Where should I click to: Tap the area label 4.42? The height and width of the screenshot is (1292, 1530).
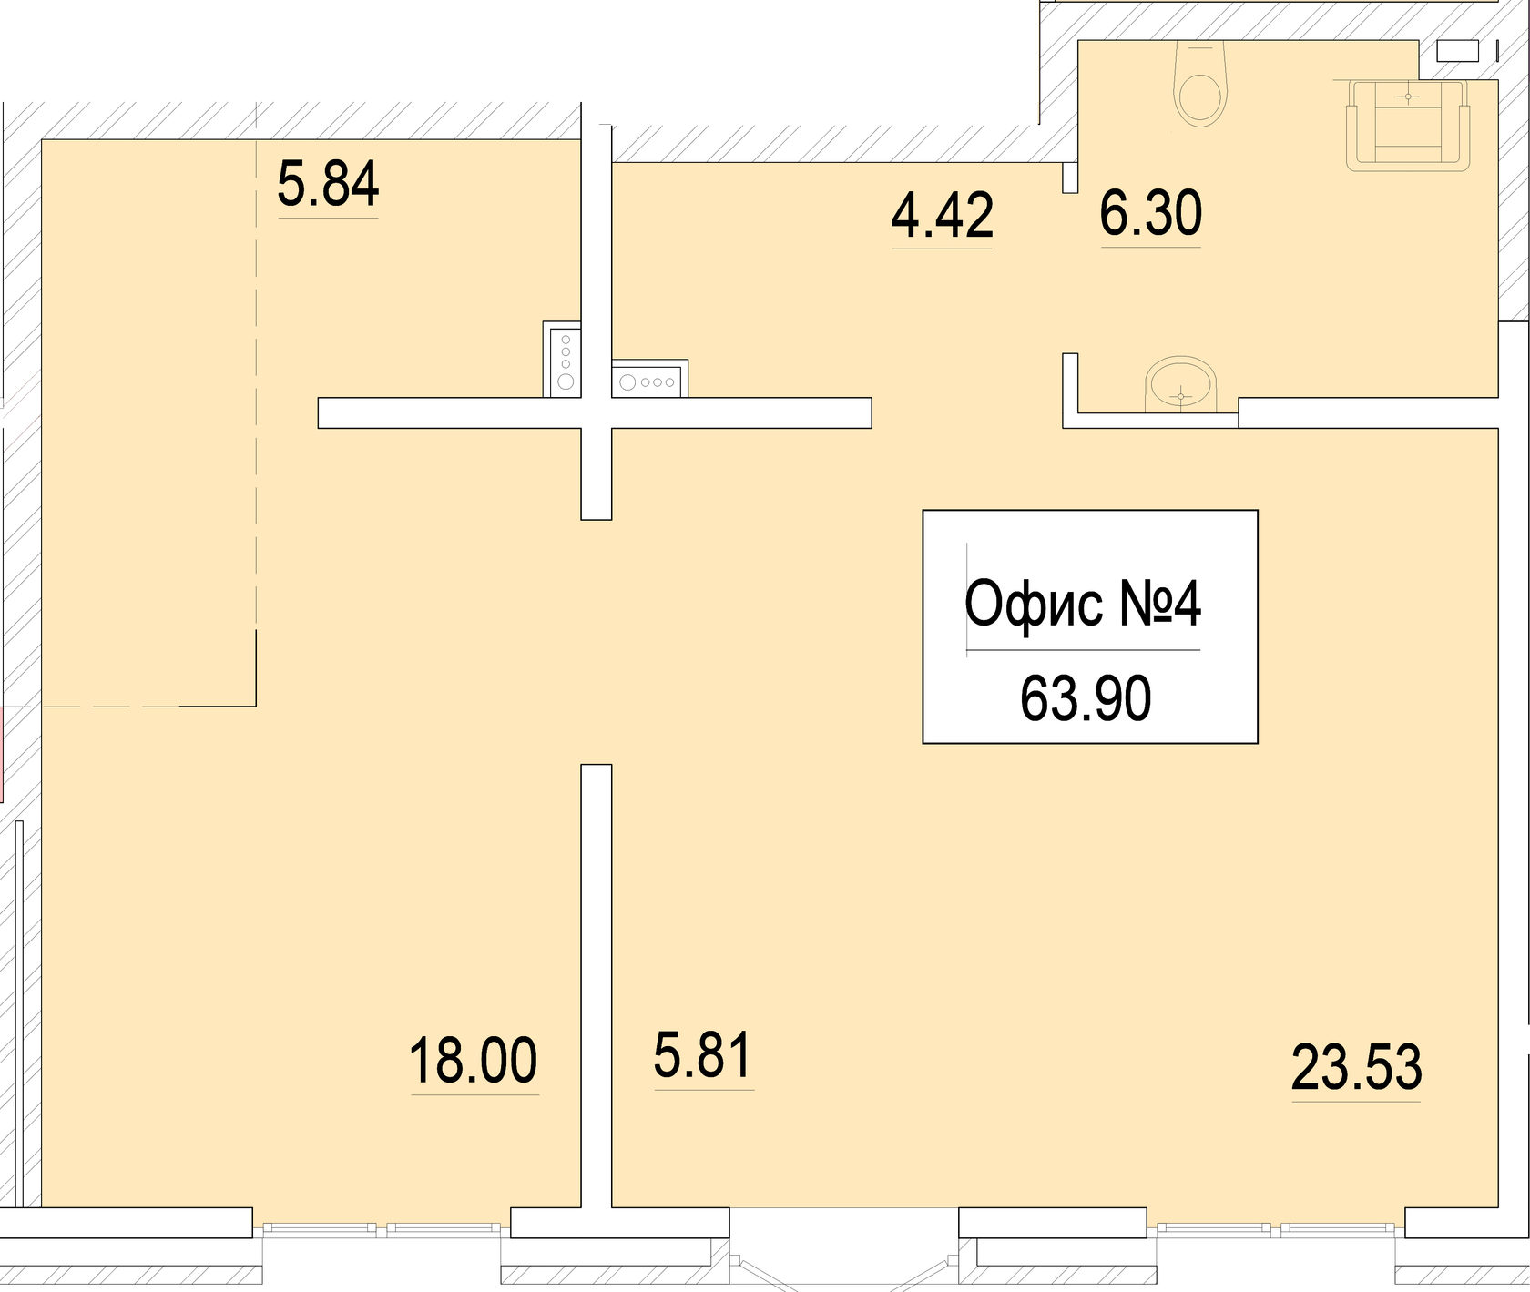coord(942,216)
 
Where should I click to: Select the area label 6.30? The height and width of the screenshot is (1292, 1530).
coord(1150,213)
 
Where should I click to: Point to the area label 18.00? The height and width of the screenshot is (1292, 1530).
coord(474,1061)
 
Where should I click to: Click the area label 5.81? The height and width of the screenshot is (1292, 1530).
coord(702,1055)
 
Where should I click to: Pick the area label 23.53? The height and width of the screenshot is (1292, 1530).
coord(1356,1068)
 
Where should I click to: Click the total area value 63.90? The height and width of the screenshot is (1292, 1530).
coord(1086,699)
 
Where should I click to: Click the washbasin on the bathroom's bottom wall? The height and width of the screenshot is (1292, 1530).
coord(1181,382)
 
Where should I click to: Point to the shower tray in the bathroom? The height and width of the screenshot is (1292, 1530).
coord(1408,126)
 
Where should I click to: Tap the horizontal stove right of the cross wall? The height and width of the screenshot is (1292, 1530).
coord(649,381)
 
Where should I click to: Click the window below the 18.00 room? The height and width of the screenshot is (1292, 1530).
coord(381,1228)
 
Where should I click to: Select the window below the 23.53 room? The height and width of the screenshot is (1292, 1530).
coord(1275,1228)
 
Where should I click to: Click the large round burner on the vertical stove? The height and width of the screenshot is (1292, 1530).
coord(566,382)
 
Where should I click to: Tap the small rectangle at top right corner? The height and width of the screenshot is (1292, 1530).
coord(1457,51)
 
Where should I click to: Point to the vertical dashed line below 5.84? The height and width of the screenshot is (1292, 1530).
coord(256,410)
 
